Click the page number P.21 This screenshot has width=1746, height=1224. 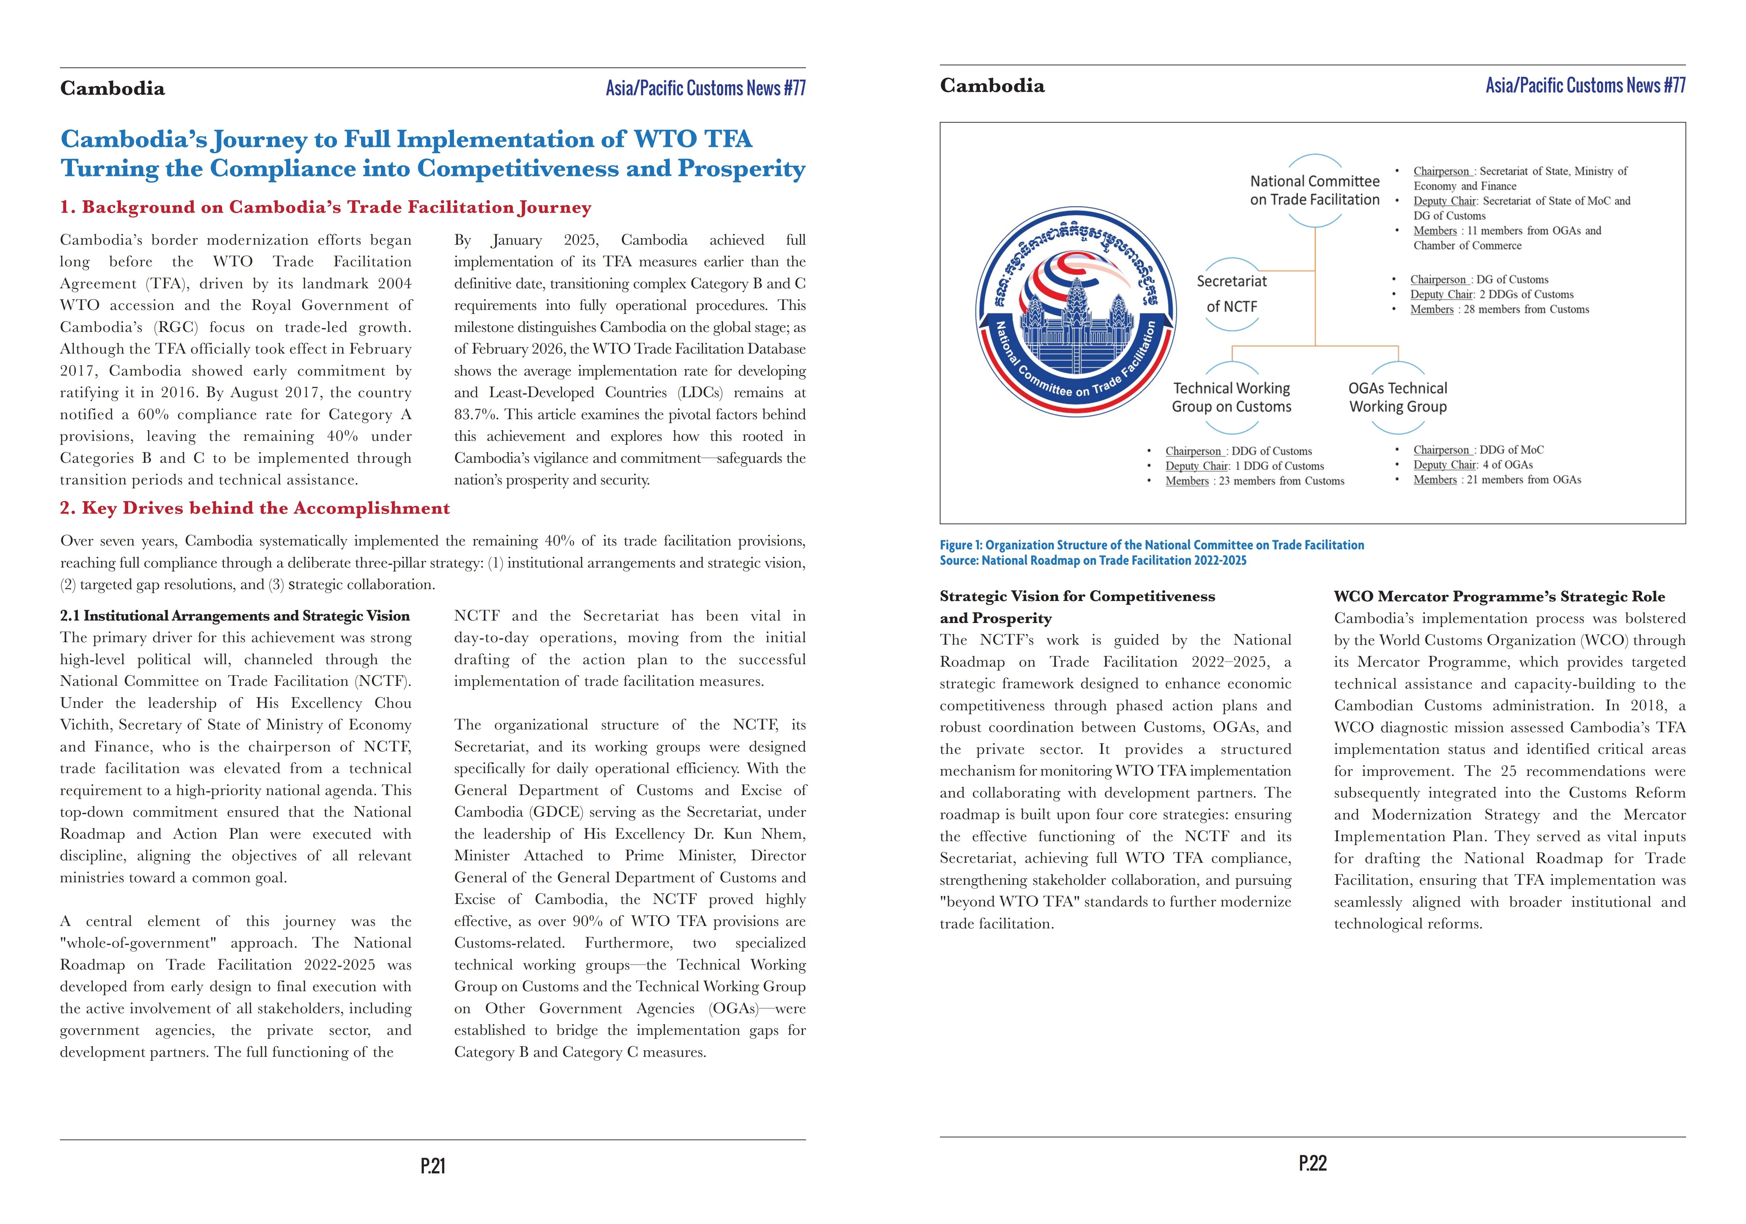(x=433, y=1165)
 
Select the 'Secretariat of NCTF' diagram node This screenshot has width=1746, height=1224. (x=1232, y=294)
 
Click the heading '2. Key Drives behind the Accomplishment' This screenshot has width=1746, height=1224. (x=255, y=508)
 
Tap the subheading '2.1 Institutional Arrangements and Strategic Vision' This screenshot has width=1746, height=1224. (x=235, y=616)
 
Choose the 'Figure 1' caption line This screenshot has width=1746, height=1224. (x=1151, y=545)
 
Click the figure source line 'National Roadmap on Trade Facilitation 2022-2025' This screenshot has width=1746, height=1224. (x=1093, y=560)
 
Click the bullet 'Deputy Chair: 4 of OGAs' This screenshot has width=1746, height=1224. (x=1473, y=465)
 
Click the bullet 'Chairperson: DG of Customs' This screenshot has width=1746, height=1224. (x=1479, y=280)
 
